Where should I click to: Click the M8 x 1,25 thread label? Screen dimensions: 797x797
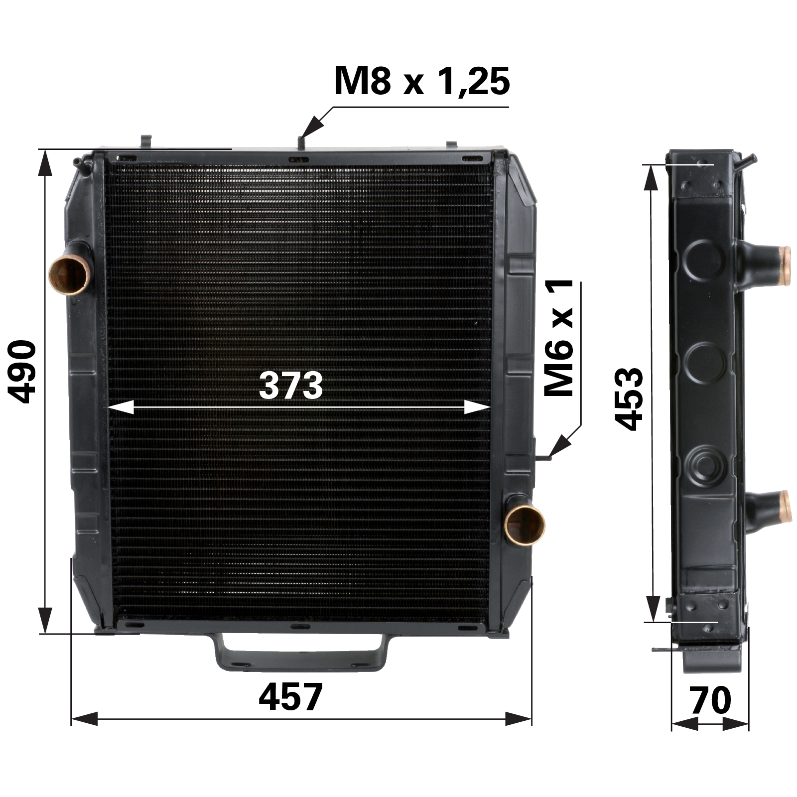421,81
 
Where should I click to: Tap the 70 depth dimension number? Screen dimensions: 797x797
711,700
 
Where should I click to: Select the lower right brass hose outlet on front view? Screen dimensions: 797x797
524,526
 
